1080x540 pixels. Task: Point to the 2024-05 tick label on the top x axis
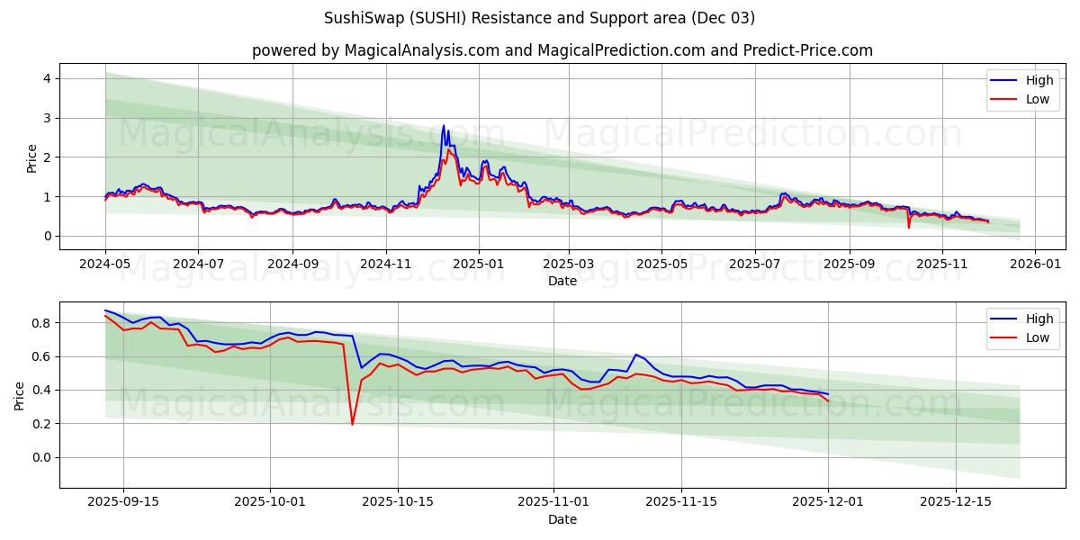click(x=105, y=265)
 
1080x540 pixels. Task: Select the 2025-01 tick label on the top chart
click(x=478, y=265)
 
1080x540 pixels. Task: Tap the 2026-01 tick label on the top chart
click(x=1035, y=265)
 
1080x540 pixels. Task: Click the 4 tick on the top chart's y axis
click(x=46, y=78)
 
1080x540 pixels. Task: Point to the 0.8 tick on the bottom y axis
click(x=40, y=322)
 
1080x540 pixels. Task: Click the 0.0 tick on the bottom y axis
click(x=40, y=457)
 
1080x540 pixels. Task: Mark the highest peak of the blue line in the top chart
click(x=443, y=126)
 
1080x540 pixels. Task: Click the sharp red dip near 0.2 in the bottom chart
click(x=352, y=424)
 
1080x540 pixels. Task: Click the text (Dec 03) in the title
click(x=724, y=18)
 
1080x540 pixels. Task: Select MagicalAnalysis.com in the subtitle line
click(x=422, y=50)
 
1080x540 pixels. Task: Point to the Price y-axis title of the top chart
click(x=32, y=157)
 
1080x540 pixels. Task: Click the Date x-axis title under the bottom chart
click(x=562, y=519)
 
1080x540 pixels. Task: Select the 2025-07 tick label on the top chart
click(x=755, y=265)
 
